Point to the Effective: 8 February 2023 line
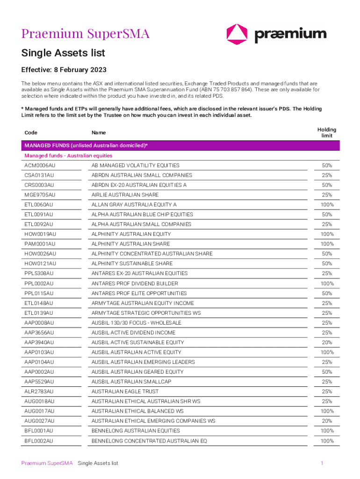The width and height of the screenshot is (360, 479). coord(64,70)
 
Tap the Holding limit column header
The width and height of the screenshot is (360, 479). coord(327,133)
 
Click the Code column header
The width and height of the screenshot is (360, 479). coord(31,133)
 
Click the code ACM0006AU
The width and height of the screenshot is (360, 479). coord(40,166)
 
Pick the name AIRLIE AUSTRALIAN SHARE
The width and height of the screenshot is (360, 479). coord(125,195)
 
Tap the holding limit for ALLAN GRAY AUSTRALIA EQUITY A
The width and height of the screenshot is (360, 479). coord(327,205)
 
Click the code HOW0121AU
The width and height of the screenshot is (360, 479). coord(40,264)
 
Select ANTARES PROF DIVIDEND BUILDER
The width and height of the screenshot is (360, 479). coord(135,283)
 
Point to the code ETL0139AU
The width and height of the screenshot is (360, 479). coord(39,313)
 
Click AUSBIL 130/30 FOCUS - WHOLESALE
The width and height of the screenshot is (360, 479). coord(137,323)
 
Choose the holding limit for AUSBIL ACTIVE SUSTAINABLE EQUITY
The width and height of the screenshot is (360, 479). coord(327,342)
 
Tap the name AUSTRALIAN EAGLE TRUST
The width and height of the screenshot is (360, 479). coord(125,392)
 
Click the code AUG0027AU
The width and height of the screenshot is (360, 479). coord(39,421)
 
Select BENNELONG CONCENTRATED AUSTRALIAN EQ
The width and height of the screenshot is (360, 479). coord(149,441)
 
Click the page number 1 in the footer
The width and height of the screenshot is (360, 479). coord(322,463)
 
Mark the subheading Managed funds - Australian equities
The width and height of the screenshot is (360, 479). coord(69,156)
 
